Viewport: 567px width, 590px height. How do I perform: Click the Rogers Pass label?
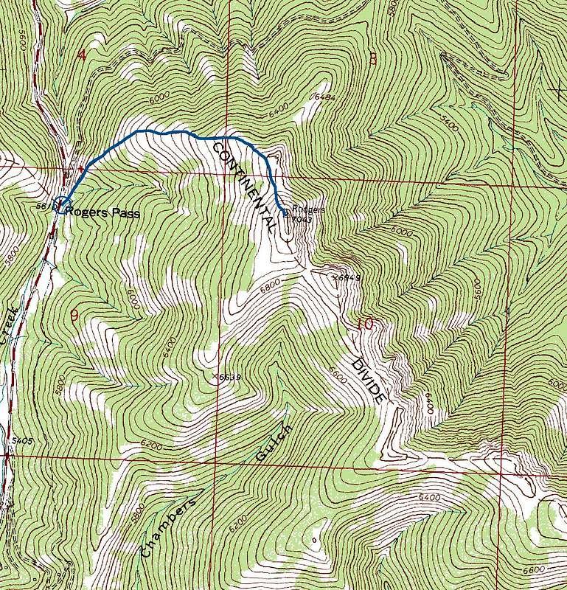(104, 212)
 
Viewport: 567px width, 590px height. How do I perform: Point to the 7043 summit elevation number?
(302, 218)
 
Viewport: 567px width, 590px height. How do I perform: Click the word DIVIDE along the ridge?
(369, 381)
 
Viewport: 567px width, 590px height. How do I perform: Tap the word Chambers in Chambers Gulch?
(168, 528)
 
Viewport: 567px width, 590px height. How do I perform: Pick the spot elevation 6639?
(229, 377)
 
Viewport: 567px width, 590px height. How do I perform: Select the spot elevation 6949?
(347, 278)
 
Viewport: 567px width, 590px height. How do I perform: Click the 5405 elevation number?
(23, 440)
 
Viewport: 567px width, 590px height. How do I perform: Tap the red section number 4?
(81, 55)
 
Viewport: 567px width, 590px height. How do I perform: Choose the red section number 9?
(74, 316)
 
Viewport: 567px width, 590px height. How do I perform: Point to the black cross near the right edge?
(555, 89)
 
